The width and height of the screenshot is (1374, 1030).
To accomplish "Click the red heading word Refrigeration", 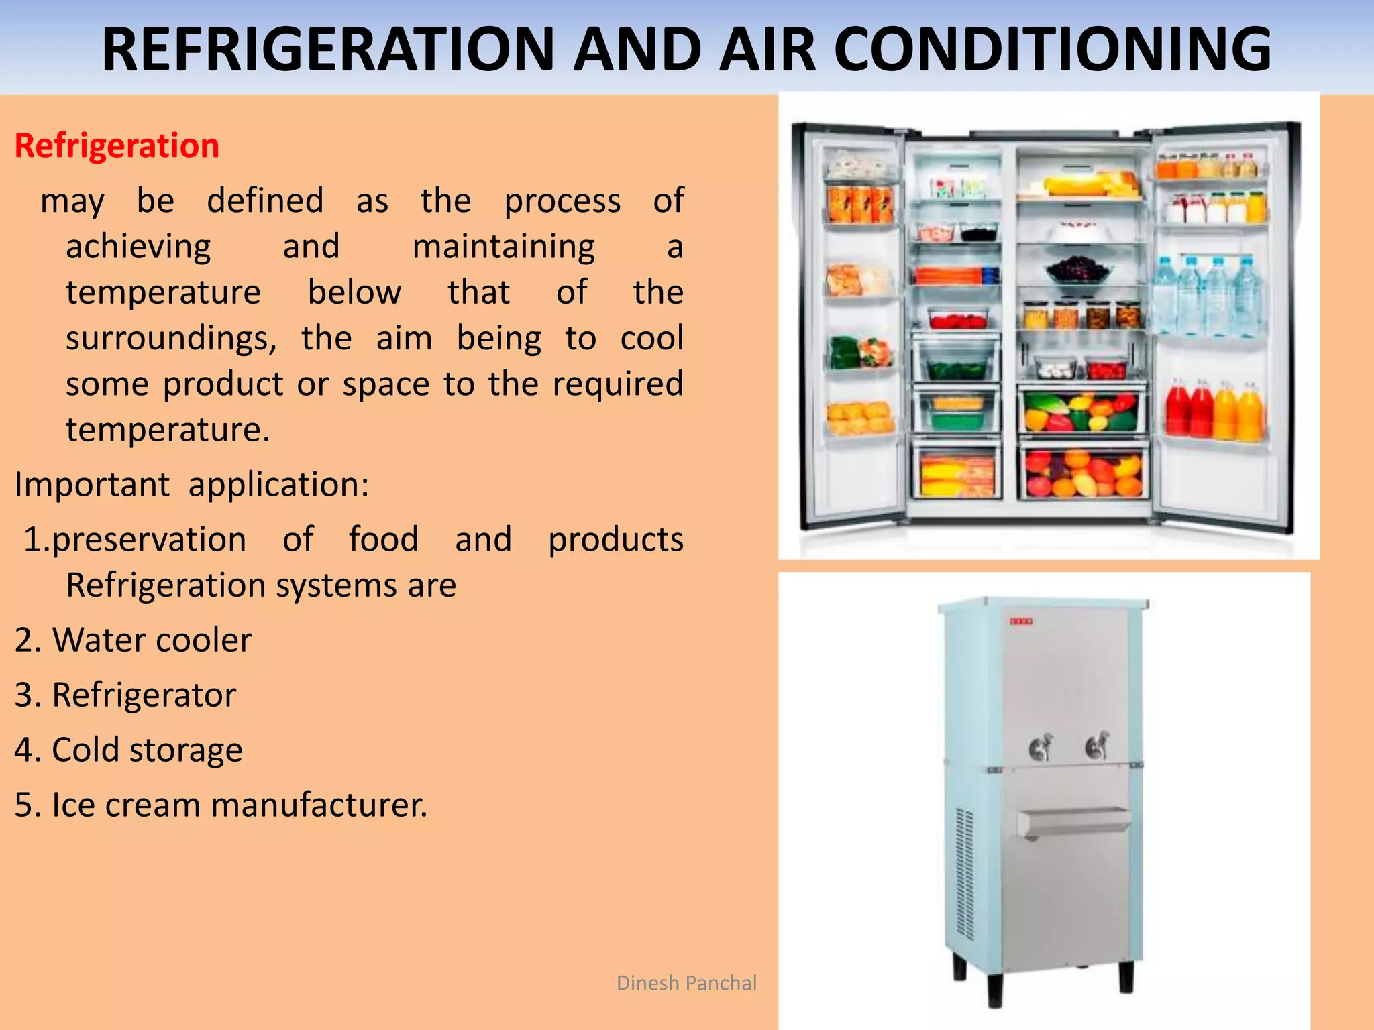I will [117, 146].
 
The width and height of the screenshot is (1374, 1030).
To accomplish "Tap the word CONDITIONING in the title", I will [1051, 49].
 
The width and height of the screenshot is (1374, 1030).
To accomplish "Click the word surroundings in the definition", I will [171, 339].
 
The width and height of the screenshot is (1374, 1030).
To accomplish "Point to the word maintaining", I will [503, 247].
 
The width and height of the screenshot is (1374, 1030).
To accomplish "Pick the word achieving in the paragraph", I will [138, 247].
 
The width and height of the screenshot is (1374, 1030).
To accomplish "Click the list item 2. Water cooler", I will [133, 640].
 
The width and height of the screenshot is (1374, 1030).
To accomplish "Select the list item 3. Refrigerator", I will [125, 695].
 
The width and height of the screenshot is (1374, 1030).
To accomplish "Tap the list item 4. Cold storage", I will [128, 750].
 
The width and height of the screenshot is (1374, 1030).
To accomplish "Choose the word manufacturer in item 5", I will [319, 805].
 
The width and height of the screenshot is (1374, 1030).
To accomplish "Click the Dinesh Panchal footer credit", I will [686, 983].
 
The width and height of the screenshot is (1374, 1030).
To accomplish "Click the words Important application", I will [191, 484].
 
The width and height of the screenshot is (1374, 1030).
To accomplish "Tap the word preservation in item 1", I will [148, 540].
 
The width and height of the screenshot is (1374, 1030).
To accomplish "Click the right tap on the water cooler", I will [1097, 745].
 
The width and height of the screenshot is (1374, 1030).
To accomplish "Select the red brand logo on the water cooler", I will [1021, 622].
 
